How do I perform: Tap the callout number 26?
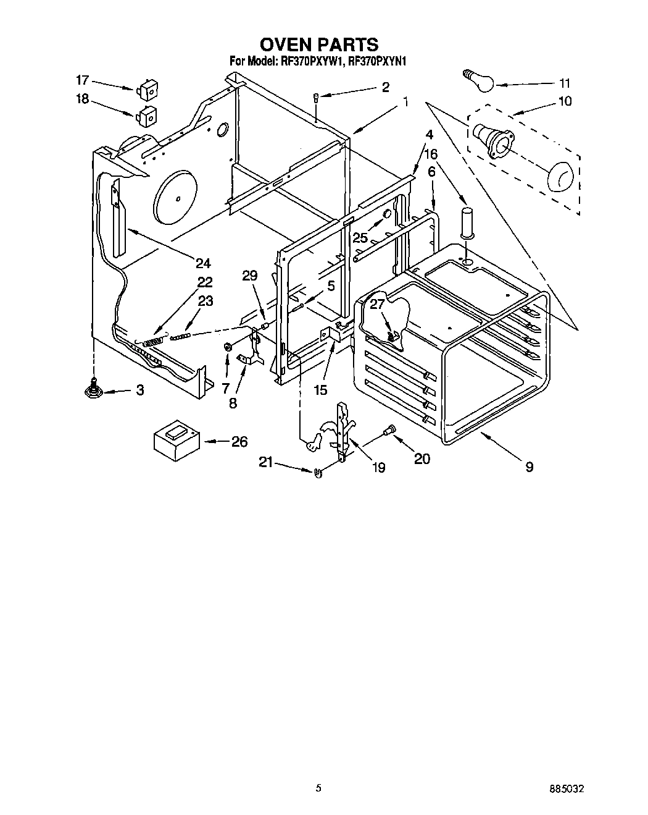pos(239,441)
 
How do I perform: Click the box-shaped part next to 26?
pos(175,440)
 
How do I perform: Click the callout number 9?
pos(529,467)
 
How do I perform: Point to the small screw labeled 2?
pos(315,97)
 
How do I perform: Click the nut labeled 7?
pos(226,348)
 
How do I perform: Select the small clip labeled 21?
pos(318,473)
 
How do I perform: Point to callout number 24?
pos(202,263)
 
